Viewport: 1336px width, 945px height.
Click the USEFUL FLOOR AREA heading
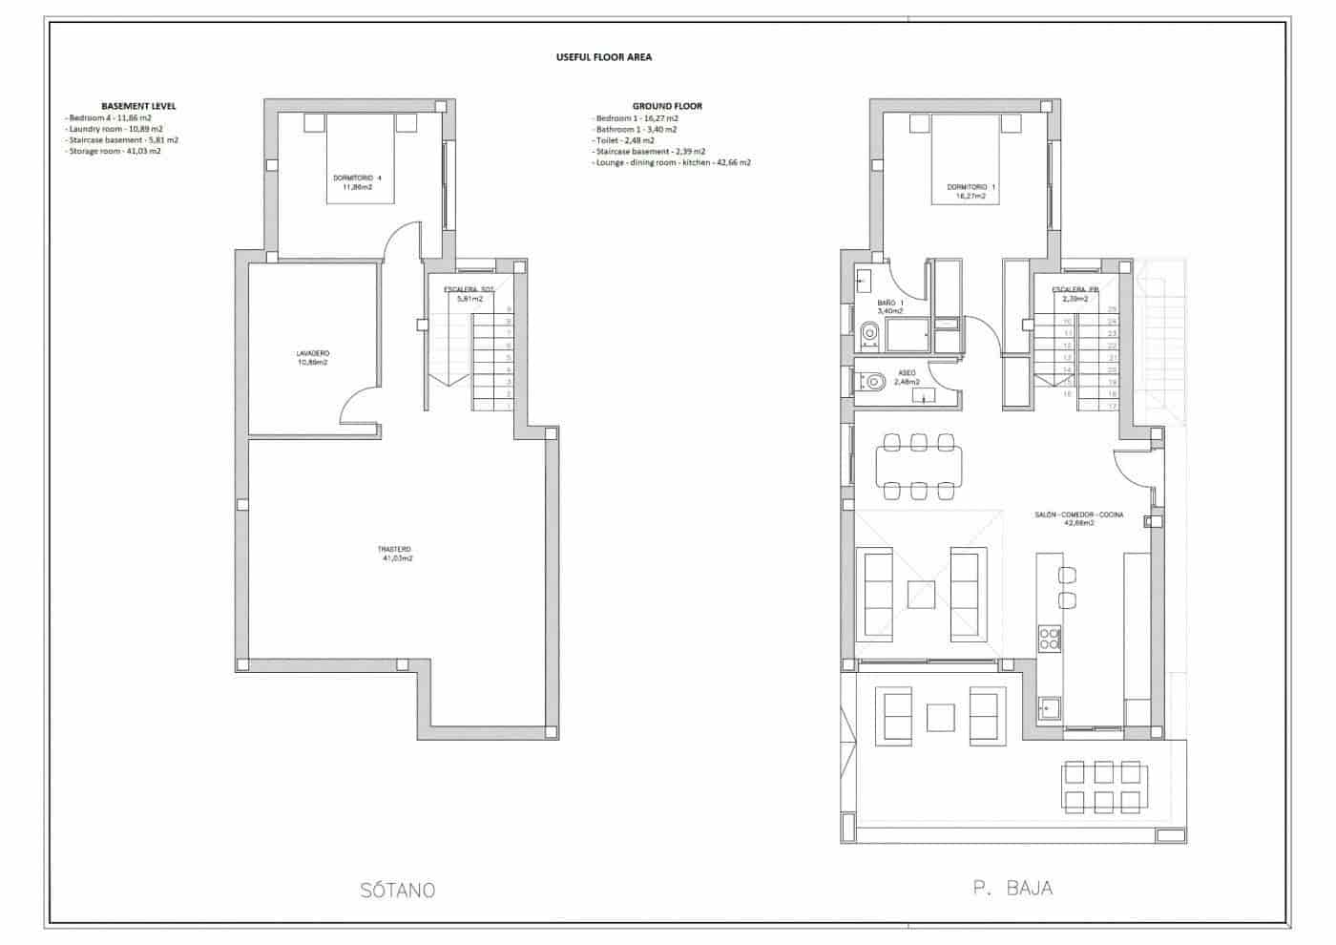pyautogui.click(x=603, y=57)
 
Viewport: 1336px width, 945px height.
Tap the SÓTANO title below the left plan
pyautogui.click(x=398, y=890)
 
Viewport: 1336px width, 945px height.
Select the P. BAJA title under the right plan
pyautogui.click(x=1012, y=888)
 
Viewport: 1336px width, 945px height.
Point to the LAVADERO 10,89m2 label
pyautogui.click(x=312, y=358)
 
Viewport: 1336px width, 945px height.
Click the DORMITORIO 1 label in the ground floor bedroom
pyautogui.click(x=971, y=191)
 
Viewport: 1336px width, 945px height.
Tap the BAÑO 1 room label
pyautogui.click(x=889, y=306)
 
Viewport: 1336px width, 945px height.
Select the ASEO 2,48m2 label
pyautogui.click(x=907, y=377)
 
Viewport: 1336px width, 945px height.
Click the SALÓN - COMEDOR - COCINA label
pyautogui.click(x=1078, y=518)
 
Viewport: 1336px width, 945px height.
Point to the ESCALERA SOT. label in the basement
pyautogui.click(x=469, y=294)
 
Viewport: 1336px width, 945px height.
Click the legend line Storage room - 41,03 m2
pyautogui.click(x=114, y=151)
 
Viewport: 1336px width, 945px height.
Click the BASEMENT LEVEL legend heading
pyautogui.click(x=138, y=106)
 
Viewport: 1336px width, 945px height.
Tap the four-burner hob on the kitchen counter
pyautogui.click(x=1049, y=638)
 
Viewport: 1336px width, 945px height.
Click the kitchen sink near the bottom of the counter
pyautogui.click(x=1050, y=707)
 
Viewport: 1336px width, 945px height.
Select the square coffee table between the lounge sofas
pyautogui.click(x=921, y=595)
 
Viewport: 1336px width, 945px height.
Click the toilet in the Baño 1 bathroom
pyautogui.click(x=869, y=333)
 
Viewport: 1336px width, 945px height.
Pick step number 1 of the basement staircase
pyautogui.click(x=509, y=405)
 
